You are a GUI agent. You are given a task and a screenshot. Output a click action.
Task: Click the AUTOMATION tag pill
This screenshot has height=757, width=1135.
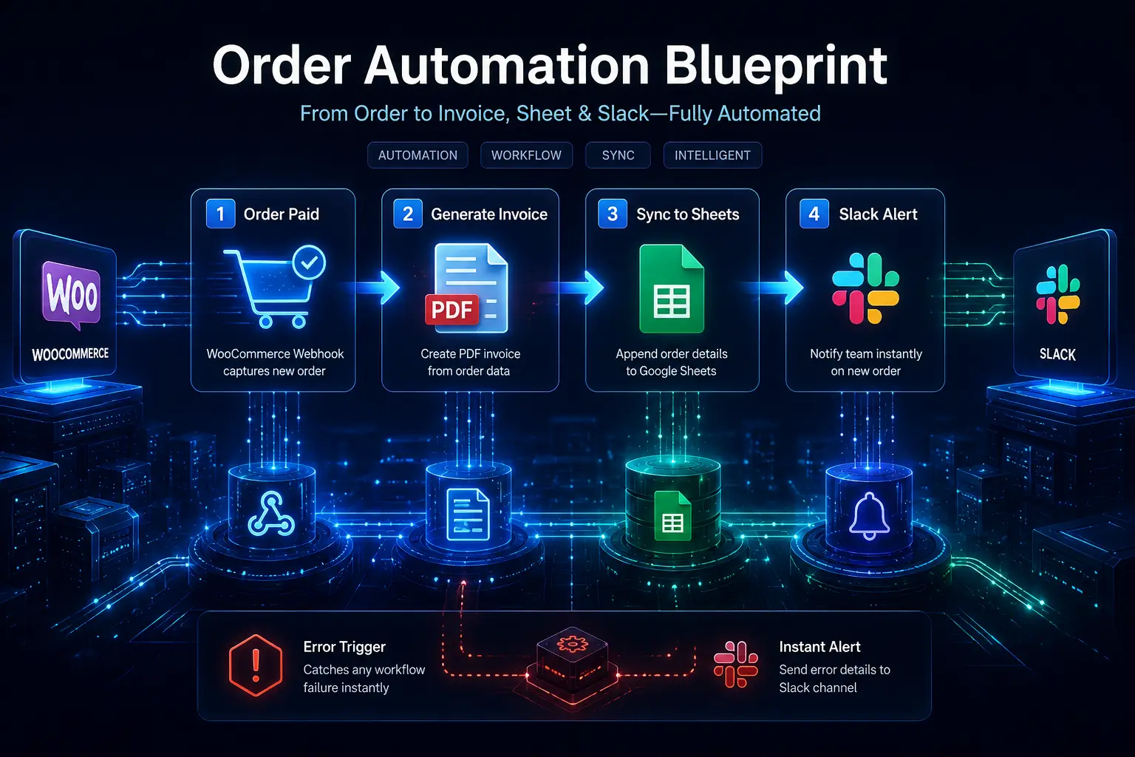(x=417, y=155)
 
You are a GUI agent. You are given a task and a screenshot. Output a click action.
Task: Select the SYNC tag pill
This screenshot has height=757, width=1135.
(x=618, y=155)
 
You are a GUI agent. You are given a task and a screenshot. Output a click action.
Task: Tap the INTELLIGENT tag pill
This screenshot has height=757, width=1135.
(x=712, y=155)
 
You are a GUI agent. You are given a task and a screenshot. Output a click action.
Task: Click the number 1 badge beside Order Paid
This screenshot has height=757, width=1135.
(x=220, y=214)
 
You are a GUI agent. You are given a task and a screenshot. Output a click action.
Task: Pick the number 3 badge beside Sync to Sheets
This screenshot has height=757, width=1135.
(x=612, y=214)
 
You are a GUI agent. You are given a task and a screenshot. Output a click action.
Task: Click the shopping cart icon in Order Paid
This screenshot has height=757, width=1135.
(x=274, y=287)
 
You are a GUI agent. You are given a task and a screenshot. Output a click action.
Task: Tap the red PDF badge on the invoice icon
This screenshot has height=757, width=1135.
(x=451, y=309)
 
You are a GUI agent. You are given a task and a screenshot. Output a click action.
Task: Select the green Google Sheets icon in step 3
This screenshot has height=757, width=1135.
(x=672, y=288)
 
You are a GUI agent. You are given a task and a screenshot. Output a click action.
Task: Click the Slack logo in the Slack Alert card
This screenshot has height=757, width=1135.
(x=865, y=288)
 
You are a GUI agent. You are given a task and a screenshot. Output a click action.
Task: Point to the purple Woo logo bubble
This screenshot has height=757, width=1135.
(x=70, y=294)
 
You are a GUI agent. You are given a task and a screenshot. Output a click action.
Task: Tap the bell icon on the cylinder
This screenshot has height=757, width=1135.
(x=868, y=516)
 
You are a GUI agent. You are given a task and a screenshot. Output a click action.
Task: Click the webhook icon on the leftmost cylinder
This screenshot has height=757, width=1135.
(x=271, y=514)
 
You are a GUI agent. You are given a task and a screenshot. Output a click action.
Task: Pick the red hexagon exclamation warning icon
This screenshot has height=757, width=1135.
(x=256, y=665)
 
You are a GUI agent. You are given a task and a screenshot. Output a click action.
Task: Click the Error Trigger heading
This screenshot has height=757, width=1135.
(x=344, y=647)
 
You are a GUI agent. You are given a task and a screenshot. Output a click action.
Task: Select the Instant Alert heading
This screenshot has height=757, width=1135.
(x=819, y=647)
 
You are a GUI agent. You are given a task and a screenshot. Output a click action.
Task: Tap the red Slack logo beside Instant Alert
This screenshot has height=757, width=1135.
(x=736, y=664)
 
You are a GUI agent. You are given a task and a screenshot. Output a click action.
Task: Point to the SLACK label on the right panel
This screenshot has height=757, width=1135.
(x=1057, y=354)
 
